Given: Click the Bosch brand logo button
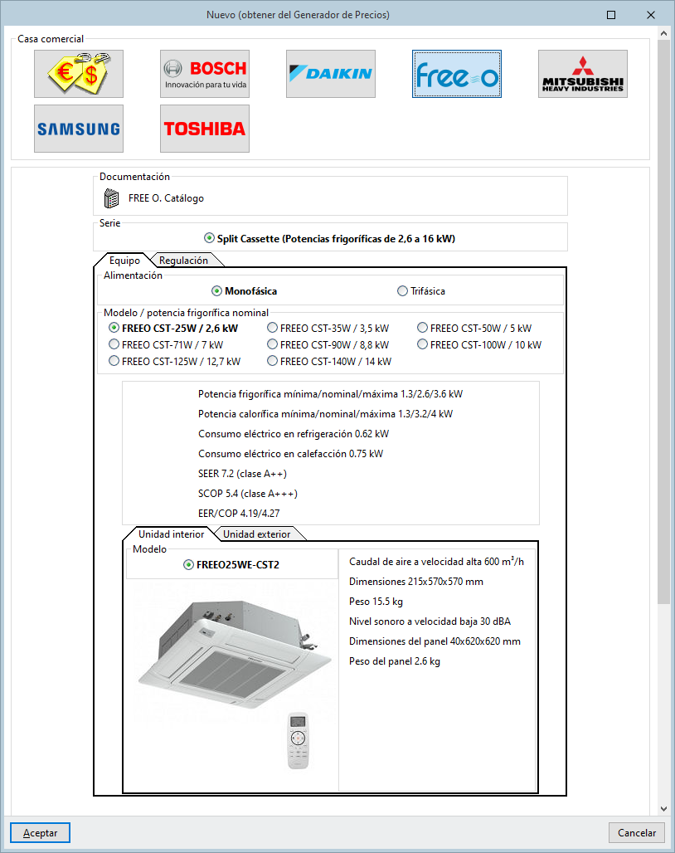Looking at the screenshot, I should pos(205,74).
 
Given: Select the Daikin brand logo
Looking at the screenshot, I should pos(331,74).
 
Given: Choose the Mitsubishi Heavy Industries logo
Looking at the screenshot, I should pos(583,74).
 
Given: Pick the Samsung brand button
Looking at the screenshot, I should pos(79,129).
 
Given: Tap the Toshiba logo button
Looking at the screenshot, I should pos(205,129).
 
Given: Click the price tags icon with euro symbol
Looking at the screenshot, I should pos(79,74).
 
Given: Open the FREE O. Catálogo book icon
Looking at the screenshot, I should pos(112,198).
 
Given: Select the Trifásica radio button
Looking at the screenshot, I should pos(403,291).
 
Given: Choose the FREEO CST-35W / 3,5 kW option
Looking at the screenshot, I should pos(273,328).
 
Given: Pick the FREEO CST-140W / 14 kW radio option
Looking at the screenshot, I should pos(273,361).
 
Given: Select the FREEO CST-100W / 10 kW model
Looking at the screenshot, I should pos(423,344).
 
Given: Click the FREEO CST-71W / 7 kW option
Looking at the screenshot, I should pos(114,344).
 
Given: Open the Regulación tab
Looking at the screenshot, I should pos(183,260).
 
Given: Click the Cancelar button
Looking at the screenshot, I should pos(637,832).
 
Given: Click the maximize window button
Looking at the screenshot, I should pos(611,15).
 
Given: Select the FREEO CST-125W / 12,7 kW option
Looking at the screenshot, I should pos(114,361).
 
